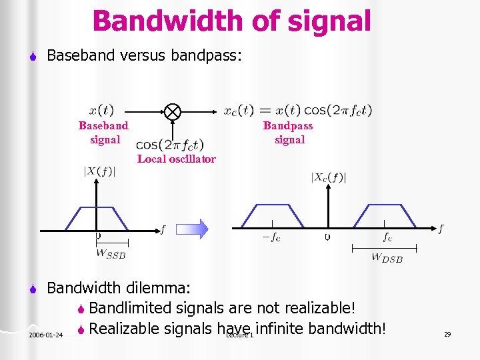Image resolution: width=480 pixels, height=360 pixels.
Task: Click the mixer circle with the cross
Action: (173, 111)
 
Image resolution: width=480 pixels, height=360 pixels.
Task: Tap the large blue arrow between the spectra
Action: (193, 229)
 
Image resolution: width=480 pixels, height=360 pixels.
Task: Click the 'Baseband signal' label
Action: (104, 133)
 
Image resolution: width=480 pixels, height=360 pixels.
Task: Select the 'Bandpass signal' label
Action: (289, 133)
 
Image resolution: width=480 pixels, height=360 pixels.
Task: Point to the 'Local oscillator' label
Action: (177, 159)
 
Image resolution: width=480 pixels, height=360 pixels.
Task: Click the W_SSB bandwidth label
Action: (111, 253)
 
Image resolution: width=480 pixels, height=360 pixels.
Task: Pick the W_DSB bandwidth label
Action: (387, 257)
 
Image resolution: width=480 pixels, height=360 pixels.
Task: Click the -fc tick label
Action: (271, 237)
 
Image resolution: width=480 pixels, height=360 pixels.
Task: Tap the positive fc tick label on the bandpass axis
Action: (387, 237)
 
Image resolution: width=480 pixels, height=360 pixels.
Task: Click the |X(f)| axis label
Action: (99, 171)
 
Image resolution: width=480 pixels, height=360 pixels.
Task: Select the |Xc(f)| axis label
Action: (329, 177)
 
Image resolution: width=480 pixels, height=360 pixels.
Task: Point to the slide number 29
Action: (447, 334)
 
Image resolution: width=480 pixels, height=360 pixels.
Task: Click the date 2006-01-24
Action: (46, 335)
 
